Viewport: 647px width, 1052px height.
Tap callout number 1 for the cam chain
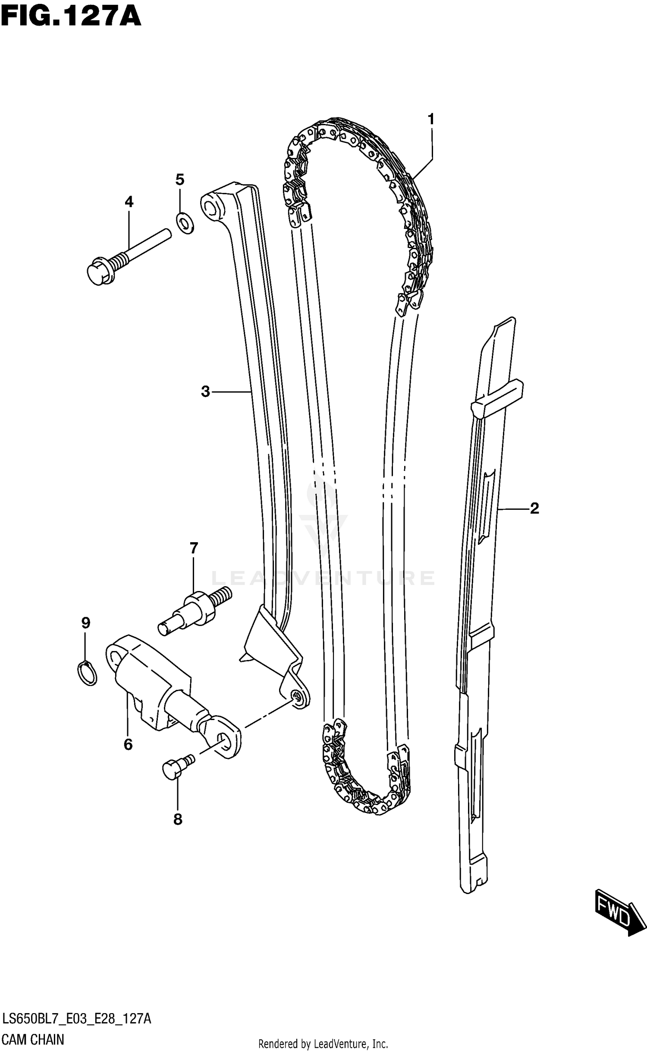pos(430,120)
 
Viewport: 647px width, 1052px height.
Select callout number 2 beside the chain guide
pos(534,509)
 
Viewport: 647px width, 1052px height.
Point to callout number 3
pos(205,392)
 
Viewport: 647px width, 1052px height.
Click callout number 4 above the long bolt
pos(129,202)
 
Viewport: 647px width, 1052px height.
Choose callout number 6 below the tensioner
pos(128,744)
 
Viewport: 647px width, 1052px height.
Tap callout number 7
pos(194,548)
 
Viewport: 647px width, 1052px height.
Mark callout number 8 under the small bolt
pos(178,819)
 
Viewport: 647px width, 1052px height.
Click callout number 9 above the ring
pos(85,623)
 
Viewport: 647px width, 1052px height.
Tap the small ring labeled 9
pos(88,673)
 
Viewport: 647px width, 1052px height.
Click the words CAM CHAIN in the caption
pos(33,1039)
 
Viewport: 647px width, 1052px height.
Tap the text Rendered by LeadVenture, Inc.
pos(323,1044)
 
